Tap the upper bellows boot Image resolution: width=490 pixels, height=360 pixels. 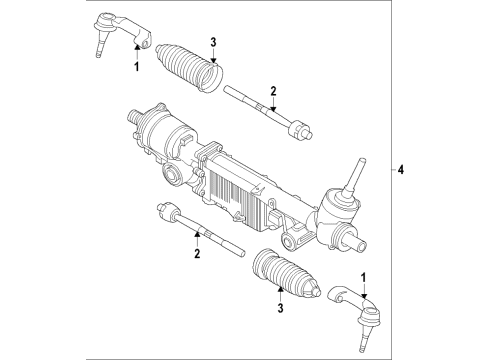pos(190,65)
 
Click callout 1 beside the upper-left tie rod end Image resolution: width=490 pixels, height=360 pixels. pos(137,66)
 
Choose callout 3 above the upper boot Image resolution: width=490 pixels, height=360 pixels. pos(212,41)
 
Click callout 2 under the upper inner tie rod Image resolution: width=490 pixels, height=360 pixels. pos(272,92)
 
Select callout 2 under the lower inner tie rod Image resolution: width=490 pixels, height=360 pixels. pos(197,255)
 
